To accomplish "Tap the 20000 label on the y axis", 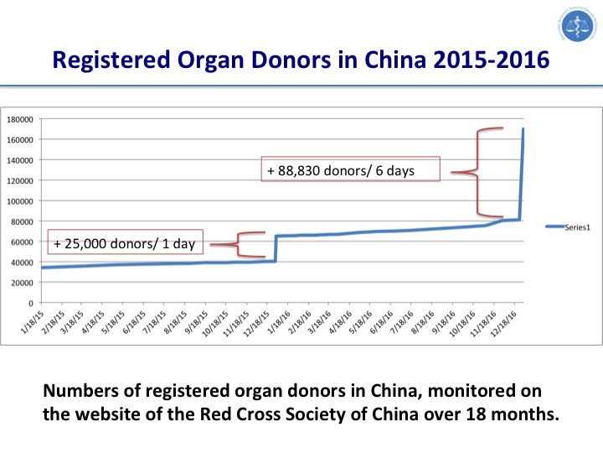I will (x=23, y=282).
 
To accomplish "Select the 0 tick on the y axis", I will (x=31, y=303).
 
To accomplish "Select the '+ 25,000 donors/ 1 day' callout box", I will (x=125, y=243).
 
